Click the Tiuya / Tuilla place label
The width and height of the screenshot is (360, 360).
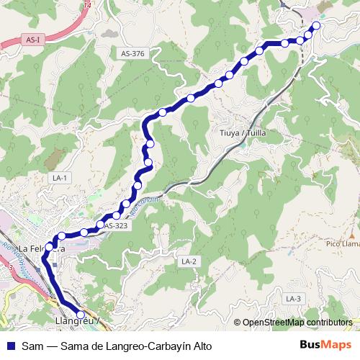(x=241, y=133)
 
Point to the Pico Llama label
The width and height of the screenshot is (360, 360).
(x=341, y=244)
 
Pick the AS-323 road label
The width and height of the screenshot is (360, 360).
(x=115, y=226)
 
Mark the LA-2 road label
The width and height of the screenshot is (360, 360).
(x=189, y=261)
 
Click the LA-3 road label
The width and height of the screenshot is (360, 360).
(x=292, y=298)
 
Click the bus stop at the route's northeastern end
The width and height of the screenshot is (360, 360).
(x=315, y=26)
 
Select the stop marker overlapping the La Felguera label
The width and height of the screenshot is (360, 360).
(x=50, y=247)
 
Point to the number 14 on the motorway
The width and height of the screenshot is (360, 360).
(x=88, y=4)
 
